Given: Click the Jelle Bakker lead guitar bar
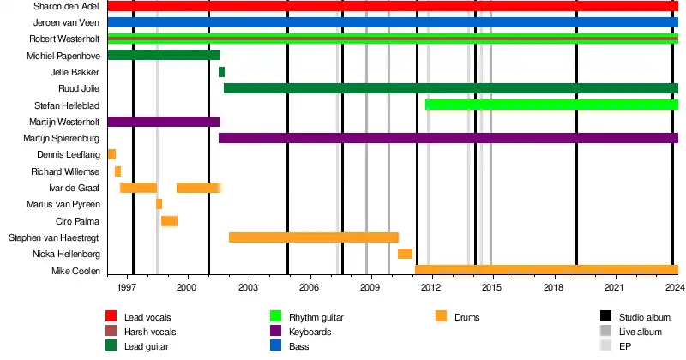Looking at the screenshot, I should coord(221,72).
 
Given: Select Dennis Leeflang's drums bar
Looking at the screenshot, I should coord(111,154).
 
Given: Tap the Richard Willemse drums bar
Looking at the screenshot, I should coord(117,171).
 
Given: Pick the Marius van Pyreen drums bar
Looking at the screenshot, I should coord(159,204).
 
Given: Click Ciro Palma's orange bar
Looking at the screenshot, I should coord(169,221).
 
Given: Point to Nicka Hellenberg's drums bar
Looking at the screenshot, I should coord(405,254).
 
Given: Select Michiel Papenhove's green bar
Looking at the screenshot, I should coord(163,55).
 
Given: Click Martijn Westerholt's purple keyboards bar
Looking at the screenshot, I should coord(163,122).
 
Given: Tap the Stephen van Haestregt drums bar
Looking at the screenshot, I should coord(313,237).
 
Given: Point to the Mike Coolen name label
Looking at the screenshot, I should coord(75,271).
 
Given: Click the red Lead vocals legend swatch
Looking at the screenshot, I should coord(111,315).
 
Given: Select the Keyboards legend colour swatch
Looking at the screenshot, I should coord(276,331).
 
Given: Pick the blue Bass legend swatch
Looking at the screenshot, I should coord(276,346).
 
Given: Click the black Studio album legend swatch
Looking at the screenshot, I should coord(606,315).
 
